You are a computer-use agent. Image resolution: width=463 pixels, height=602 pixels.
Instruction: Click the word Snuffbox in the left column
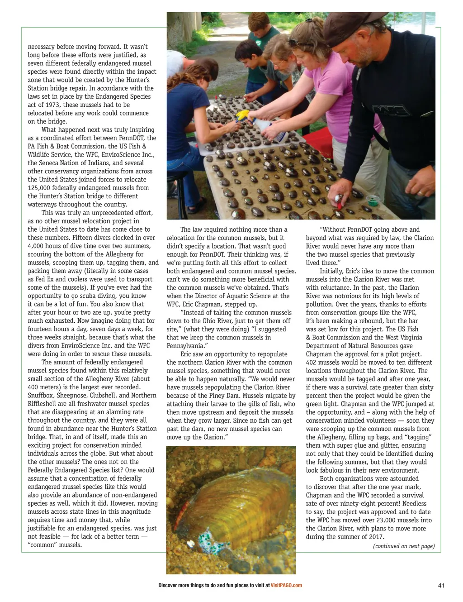(x=41, y=396)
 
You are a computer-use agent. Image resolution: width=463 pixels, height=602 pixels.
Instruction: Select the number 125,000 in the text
(x=40, y=188)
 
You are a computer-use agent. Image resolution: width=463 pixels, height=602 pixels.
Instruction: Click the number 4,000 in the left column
(x=37, y=246)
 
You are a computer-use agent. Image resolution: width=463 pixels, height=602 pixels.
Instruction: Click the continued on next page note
(x=404, y=546)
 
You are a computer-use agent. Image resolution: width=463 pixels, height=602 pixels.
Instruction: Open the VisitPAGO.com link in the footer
(x=286, y=586)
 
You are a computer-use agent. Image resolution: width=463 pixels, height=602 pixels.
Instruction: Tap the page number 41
(x=441, y=586)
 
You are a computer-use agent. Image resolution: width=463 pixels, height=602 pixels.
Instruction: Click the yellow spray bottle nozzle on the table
(x=243, y=115)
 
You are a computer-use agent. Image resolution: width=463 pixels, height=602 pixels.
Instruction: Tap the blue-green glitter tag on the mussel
(x=208, y=540)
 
